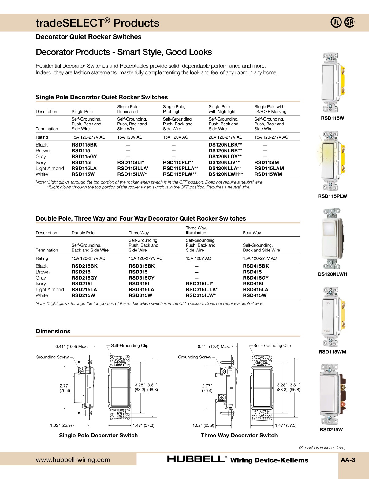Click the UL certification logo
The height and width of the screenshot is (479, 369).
pos(336,22)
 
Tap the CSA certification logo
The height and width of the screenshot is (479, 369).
pos(349,22)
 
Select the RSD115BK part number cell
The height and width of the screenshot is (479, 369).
pos(84,145)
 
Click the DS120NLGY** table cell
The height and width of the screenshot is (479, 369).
pos(225,156)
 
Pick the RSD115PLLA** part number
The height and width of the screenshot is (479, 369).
pos(180,168)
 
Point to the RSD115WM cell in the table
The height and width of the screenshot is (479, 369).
pos(268,174)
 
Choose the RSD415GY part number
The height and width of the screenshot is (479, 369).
pos(255,278)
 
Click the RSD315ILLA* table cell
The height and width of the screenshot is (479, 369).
pos(201,289)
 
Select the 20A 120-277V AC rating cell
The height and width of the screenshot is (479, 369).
pos(225,137)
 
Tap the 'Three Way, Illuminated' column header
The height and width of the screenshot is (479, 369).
pos(196,230)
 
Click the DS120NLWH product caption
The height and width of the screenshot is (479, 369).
pos(332,274)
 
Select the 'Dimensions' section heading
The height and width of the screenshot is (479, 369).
pos(53,331)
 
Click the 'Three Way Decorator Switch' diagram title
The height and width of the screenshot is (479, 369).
pos(239,435)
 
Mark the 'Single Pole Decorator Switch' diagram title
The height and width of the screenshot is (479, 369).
pos(98,435)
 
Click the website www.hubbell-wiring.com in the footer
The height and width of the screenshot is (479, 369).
pos(73,460)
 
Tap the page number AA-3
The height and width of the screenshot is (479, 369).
pos(348,460)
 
